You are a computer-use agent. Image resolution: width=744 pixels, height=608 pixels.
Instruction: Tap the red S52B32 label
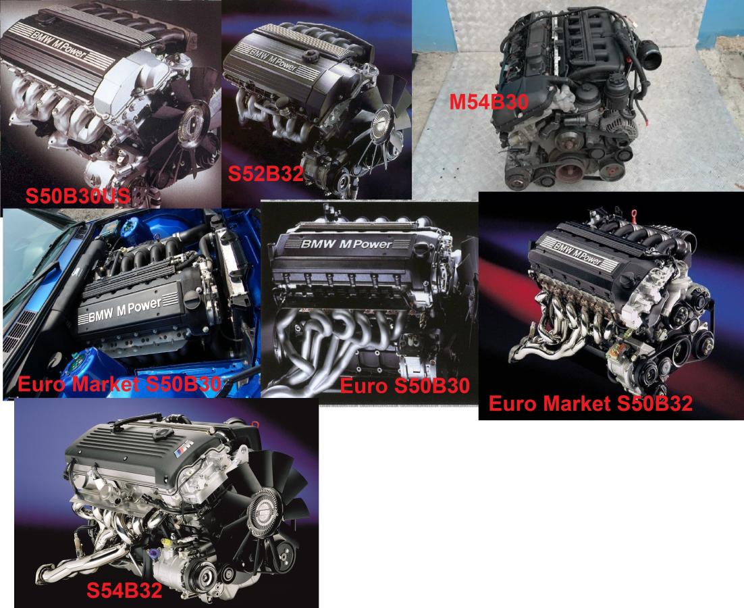tap(266, 174)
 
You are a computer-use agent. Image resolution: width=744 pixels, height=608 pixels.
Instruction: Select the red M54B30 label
tap(489, 101)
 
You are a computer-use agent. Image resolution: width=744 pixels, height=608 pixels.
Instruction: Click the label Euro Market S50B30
tap(119, 384)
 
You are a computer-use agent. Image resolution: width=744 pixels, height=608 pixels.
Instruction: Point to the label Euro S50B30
tap(404, 386)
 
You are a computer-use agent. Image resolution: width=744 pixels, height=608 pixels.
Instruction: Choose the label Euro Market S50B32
tap(590, 403)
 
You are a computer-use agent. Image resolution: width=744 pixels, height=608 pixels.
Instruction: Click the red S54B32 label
tap(124, 590)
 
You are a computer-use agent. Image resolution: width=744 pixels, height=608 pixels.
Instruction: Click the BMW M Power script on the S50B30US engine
tap(59, 44)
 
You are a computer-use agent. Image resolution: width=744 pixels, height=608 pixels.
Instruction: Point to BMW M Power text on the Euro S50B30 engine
tap(346, 245)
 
